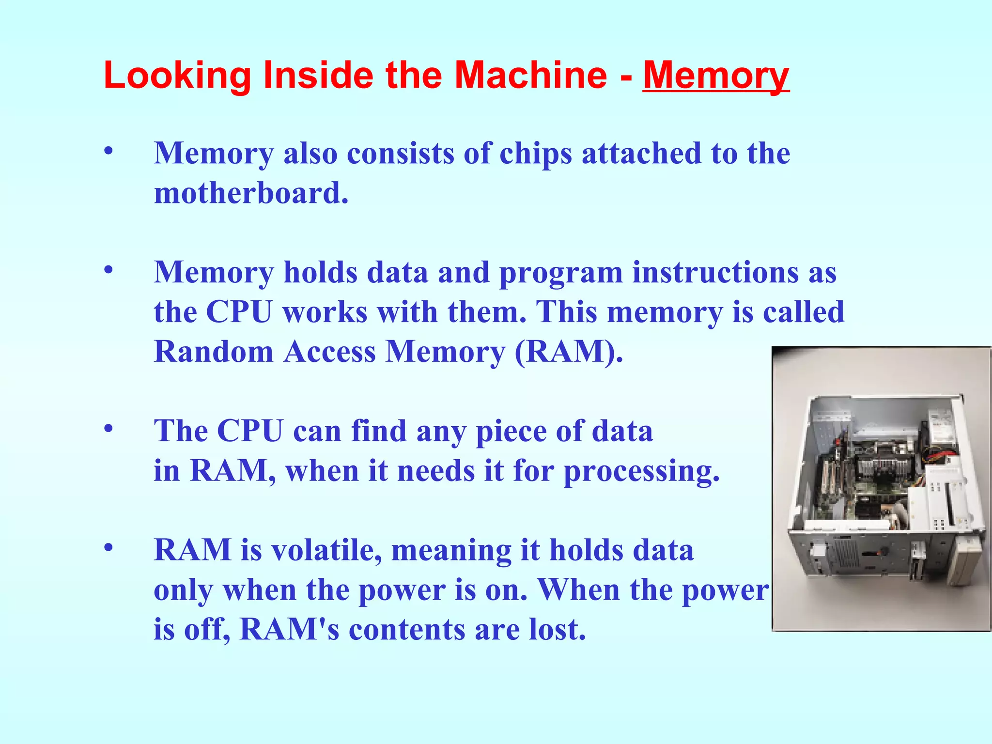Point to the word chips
(x=536, y=154)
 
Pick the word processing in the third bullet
(x=641, y=471)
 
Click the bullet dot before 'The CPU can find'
(x=108, y=428)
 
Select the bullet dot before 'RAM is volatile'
(x=108, y=548)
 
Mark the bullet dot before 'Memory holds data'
(x=108, y=270)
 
